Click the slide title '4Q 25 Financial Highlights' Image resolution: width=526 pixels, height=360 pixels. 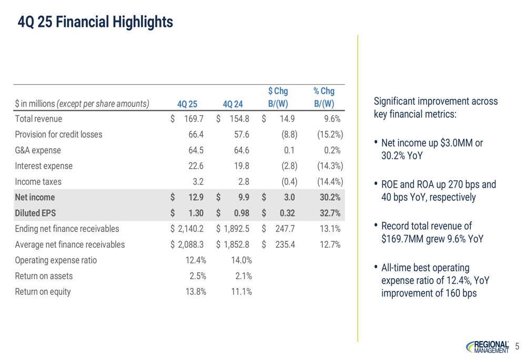tap(95, 22)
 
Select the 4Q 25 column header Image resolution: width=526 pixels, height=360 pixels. tap(187, 104)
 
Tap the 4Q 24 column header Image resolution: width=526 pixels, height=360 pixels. tap(233, 104)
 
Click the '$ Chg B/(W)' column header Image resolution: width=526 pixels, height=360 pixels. tap(278, 97)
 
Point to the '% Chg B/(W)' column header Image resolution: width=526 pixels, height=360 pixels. tap(324, 97)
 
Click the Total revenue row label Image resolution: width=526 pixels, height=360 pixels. tap(38, 119)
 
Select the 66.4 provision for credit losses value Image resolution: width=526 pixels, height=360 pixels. tap(196, 135)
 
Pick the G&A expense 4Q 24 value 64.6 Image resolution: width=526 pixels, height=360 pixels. tap(241, 150)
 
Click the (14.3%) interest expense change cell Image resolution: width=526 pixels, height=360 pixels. tap(330, 166)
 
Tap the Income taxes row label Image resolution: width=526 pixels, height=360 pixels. tap(38, 182)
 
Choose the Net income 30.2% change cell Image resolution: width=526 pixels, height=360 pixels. tap(330, 198)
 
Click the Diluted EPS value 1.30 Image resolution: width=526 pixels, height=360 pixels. tap(196, 213)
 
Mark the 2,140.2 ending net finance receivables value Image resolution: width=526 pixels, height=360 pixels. tap(190, 229)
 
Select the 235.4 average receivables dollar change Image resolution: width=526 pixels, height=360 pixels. tap(285, 245)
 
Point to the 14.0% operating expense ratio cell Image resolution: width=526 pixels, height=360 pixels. tap(241, 261)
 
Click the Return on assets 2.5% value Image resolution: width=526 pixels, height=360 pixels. tap(198, 276)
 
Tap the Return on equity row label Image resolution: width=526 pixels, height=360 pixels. tap(43, 292)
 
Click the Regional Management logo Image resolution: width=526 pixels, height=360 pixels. tap(488, 347)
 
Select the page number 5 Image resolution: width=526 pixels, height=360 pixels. tap(517, 346)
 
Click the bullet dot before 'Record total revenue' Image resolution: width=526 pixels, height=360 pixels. tap(376, 225)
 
